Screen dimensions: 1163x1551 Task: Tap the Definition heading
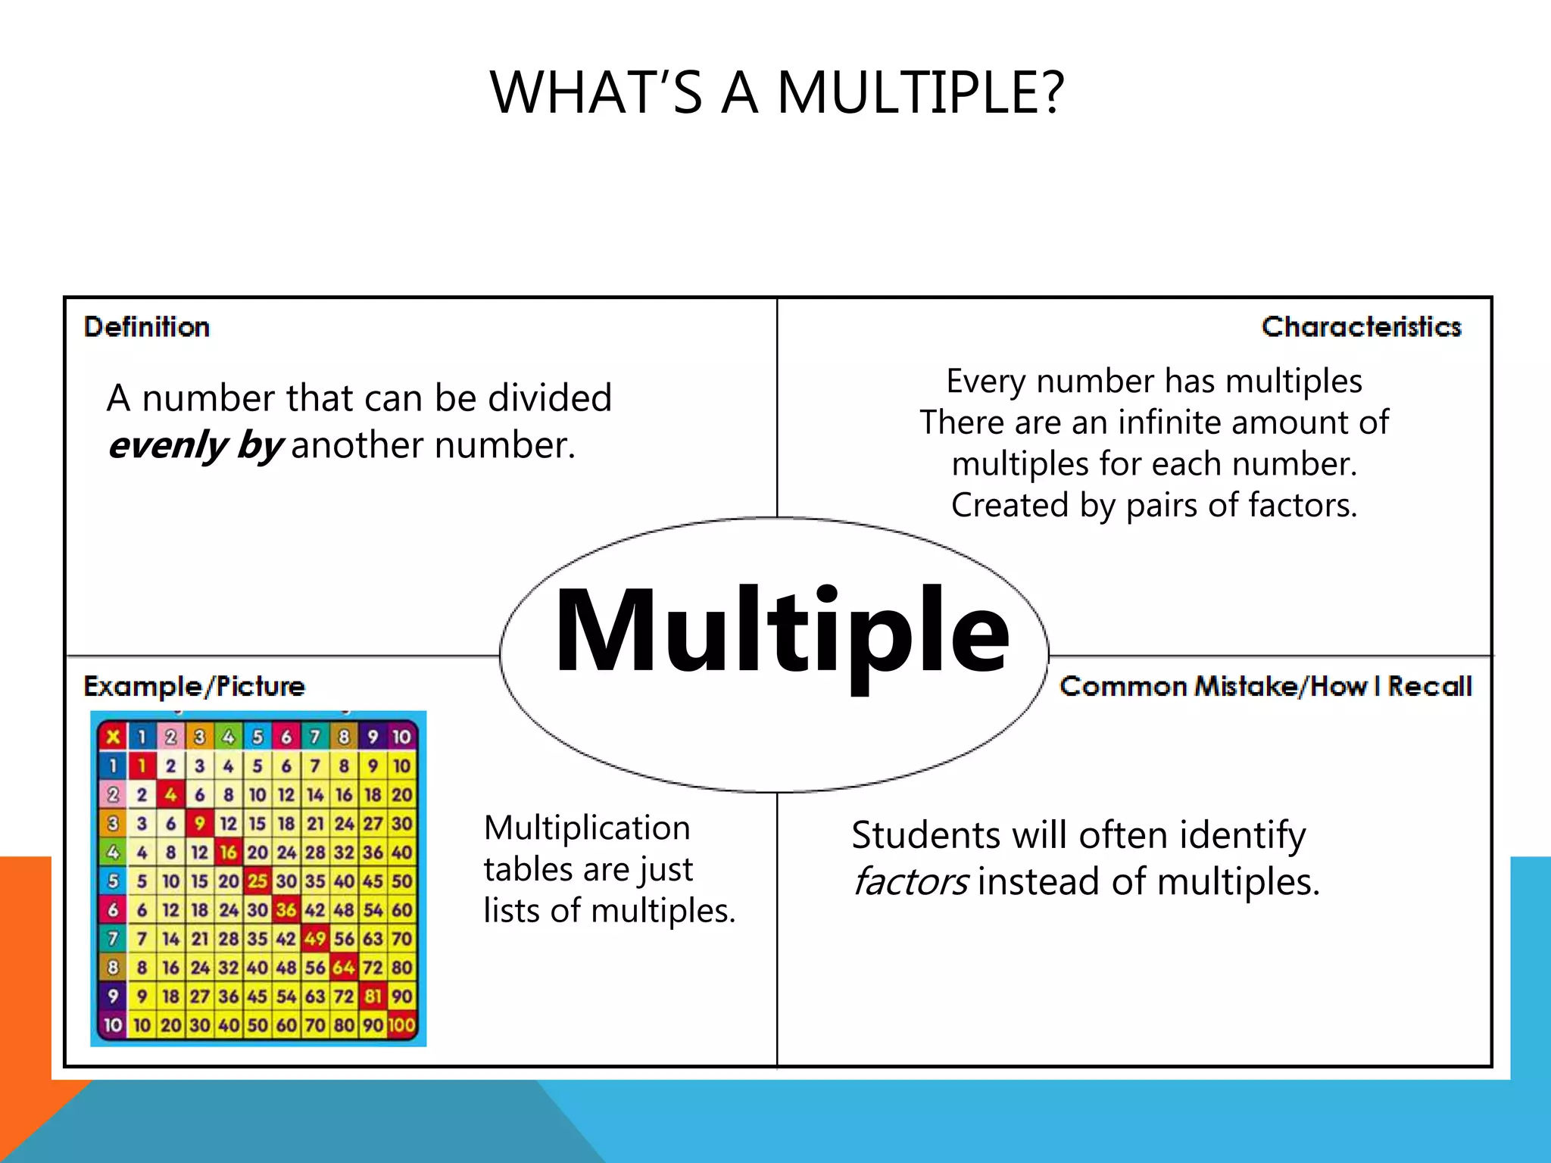pyautogui.click(x=147, y=327)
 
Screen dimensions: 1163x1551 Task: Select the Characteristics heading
pyautogui.click(x=1361, y=327)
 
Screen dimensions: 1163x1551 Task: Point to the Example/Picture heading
pyautogui.click(x=194, y=686)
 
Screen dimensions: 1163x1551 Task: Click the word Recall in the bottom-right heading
pyautogui.click(x=1429, y=686)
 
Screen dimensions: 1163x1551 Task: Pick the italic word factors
pyautogui.click(x=910, y=882)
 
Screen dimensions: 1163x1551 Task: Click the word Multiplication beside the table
pyautogui.click(x=587, y=828)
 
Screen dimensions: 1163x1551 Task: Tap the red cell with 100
pyautogui.click(x=401, y=1025)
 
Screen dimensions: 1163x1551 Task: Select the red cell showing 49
pyautogui.click(x=315, y=939)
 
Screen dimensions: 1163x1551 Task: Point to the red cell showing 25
pyautogui.click(x=257, y=881)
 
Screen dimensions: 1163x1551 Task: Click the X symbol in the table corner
pyautogui.click(x=113, y=737)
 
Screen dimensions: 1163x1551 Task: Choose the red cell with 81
pyautogui.click(x=373, y=996)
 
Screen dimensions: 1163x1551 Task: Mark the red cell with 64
pyautogui.click(x=344, y=968)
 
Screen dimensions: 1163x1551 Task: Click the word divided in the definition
pyautogui.click(x=550, y=398)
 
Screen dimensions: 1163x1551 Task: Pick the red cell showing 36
pyautogui.click(x=286, y=910)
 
